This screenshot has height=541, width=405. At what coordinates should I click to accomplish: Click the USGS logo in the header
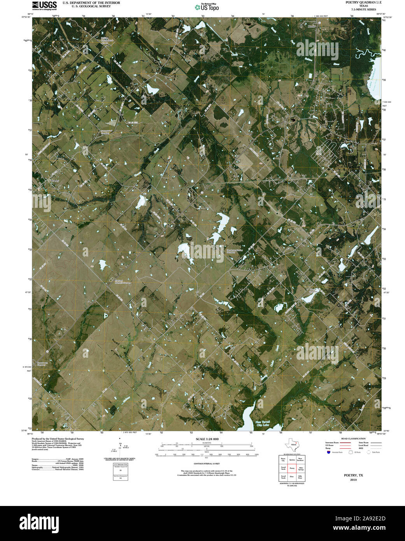coord(44,5)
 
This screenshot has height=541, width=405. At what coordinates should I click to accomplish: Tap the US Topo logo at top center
coord(207,7)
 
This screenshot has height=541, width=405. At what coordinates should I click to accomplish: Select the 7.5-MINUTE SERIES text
coord(363,9)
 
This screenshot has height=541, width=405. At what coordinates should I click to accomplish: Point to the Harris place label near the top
coord(311,26)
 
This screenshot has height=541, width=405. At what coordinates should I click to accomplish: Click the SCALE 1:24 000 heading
coord(207,439)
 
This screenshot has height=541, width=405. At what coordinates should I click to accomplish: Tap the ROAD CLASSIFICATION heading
coord(353,439)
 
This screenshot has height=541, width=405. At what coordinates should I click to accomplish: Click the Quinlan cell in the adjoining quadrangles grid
coord(292,460)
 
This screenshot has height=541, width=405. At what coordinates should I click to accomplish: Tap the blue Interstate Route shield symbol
coord(329,452)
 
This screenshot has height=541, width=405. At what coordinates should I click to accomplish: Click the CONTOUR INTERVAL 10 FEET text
coord(207,464)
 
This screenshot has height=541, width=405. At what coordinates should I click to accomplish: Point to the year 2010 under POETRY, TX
coord(353,480)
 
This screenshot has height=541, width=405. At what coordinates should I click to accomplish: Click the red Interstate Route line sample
coord(345,443)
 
